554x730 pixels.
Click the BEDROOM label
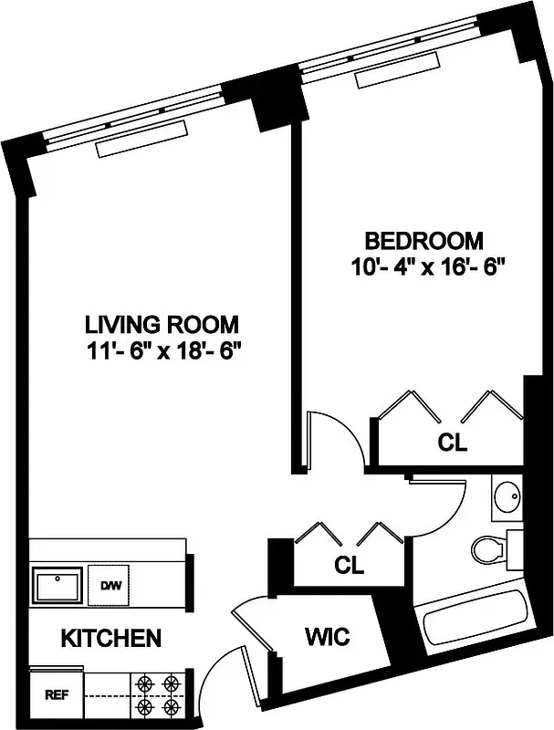point(423,242)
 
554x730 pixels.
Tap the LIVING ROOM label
point(162,324)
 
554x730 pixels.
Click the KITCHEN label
point(111,638)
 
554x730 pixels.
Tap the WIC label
point(327,636)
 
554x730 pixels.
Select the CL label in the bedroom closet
point(452,443)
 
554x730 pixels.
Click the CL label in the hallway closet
point(348,565)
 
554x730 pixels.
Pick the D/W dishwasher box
point(110,585)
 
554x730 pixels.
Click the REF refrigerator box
point(56,694)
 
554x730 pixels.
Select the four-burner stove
point(157,694)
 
